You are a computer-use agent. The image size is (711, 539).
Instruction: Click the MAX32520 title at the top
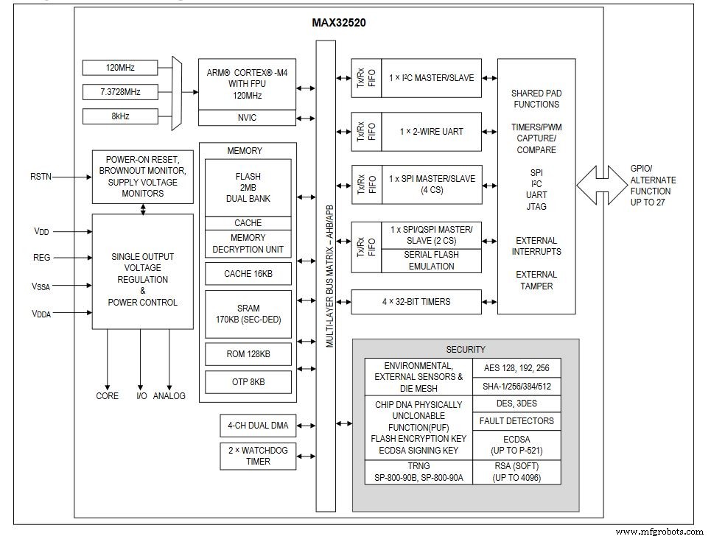click(339, 23)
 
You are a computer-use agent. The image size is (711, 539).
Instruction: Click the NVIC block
click(247, 118)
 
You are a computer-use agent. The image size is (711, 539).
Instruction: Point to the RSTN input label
click(41, 177)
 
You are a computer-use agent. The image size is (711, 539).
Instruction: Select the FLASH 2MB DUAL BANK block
click(248, 188)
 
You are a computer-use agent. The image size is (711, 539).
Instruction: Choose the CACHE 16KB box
click(248, 275)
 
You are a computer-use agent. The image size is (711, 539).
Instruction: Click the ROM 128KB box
click(248, 354)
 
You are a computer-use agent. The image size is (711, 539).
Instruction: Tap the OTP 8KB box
click(248, 382)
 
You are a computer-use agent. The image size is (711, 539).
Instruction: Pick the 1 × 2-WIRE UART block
click(431, 131)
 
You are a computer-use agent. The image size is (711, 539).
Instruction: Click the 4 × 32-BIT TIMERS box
click(416, 301)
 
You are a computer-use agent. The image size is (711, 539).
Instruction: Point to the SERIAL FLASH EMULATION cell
click(431, 261)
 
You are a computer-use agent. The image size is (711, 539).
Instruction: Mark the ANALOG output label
click(169, 396)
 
